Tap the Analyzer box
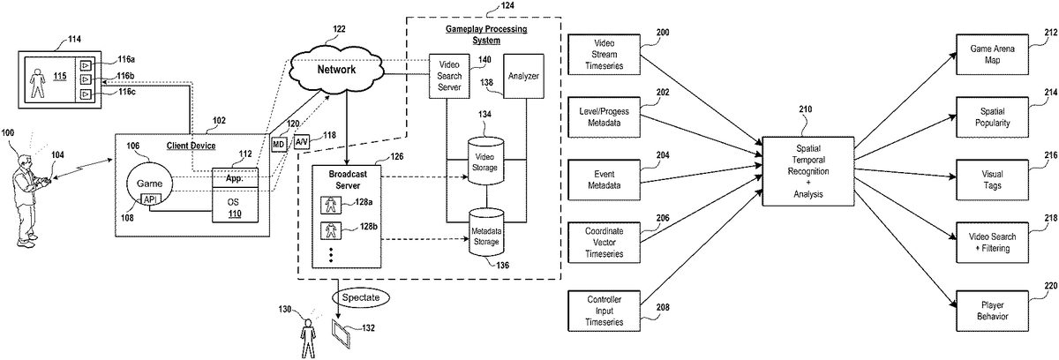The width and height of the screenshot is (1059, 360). click(x=522, y=76)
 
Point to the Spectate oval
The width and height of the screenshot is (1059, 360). click(x=360, y=298)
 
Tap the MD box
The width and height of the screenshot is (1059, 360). click(x=278, y=142)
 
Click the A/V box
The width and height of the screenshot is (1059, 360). click(x=302, y=141)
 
